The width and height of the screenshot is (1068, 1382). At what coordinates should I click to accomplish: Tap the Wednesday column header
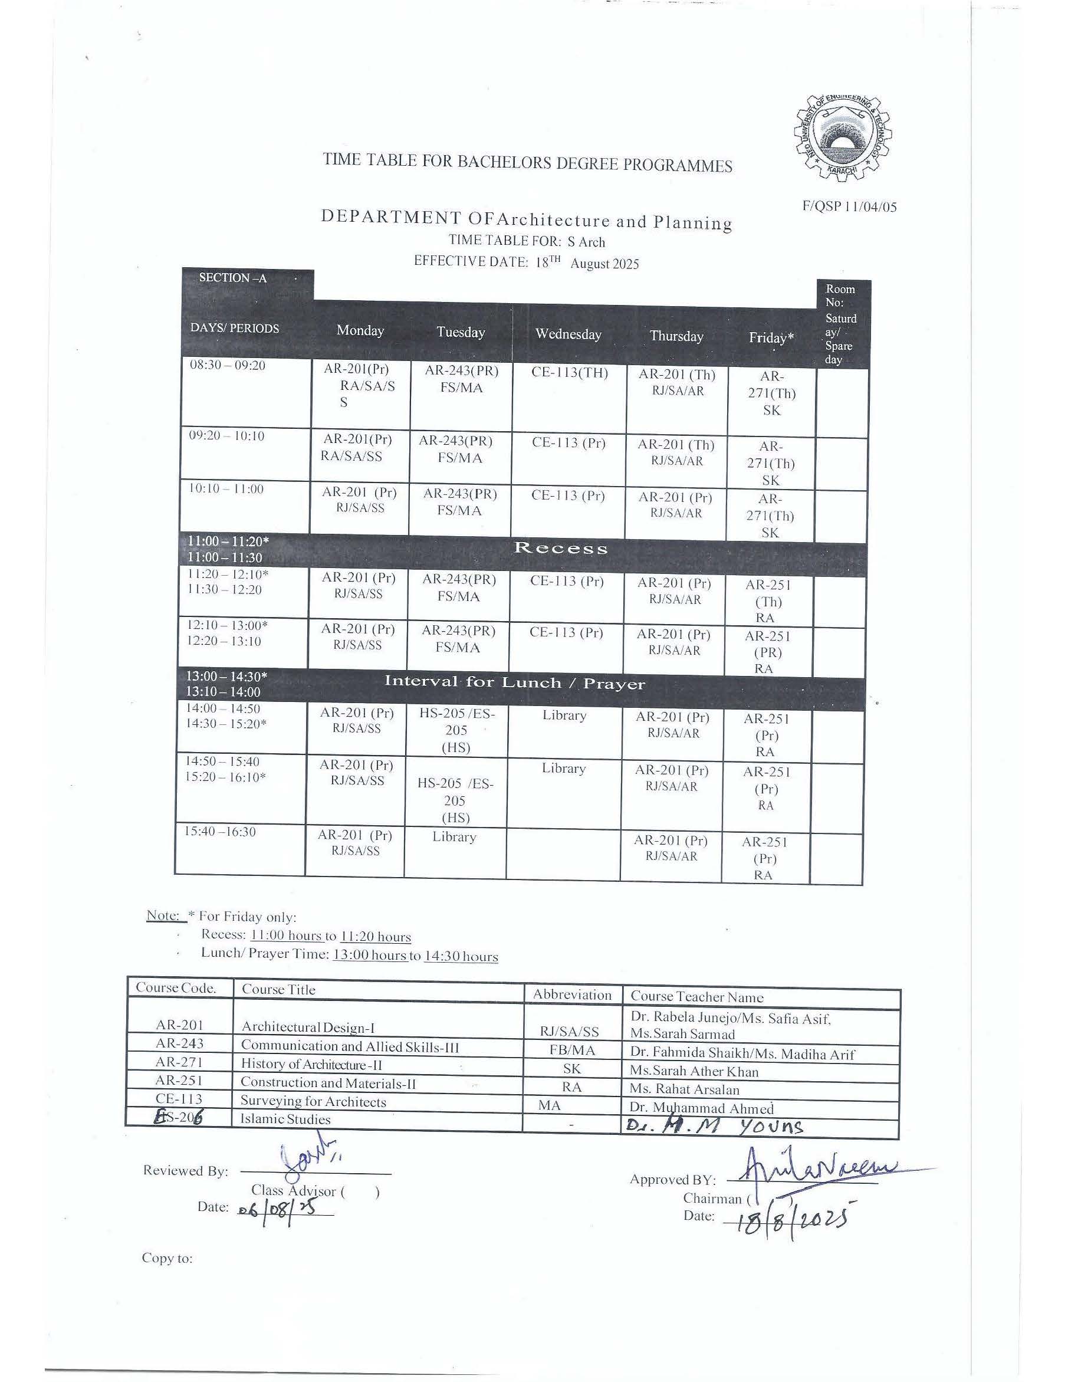(568, 334)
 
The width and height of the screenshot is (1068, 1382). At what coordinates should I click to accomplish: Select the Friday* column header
(771, 338)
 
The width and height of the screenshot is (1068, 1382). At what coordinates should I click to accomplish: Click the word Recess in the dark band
(561, 548)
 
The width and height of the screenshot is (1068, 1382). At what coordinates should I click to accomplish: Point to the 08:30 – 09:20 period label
(228, 366)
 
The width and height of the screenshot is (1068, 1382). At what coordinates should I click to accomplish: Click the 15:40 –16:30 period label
(220, 832)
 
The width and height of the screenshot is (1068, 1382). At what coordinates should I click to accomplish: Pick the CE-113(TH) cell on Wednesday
(570, 373)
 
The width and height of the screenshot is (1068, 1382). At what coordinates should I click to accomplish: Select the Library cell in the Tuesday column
(454, 836)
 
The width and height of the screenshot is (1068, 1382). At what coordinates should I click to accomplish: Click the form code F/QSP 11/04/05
(849, 206)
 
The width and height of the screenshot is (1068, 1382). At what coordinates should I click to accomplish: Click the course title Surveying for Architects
(313, 1101)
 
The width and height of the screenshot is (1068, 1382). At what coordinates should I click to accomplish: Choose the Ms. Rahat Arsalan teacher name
(685, 1089)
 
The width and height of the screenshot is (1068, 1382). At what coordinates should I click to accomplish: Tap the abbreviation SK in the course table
(572, 1069)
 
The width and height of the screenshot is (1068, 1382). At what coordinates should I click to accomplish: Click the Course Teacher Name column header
(696, 997)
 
